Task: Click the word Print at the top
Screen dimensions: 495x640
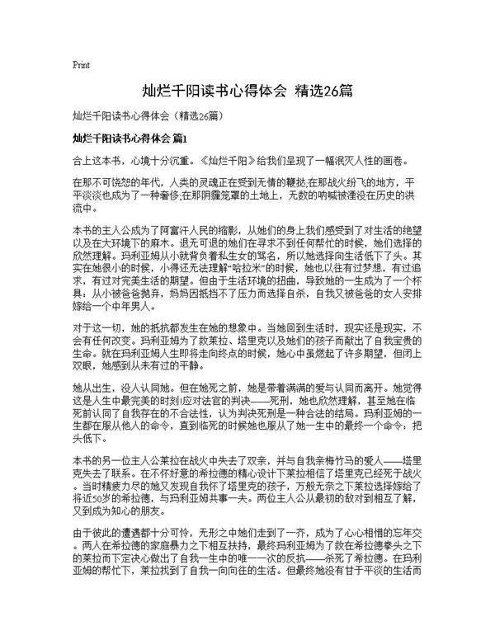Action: [x=81, y=63]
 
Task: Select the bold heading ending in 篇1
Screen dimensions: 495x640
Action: [x=130, y=136]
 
